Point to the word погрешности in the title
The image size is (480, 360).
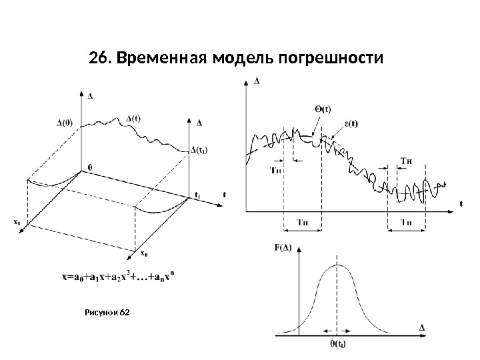[329, 59]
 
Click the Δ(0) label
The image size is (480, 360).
[65, 123]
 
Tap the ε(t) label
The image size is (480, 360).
[349, 123]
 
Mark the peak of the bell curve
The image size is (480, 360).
[339, 265]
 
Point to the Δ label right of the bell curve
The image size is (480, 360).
[422, 327]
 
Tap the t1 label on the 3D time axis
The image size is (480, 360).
[197, 195]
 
